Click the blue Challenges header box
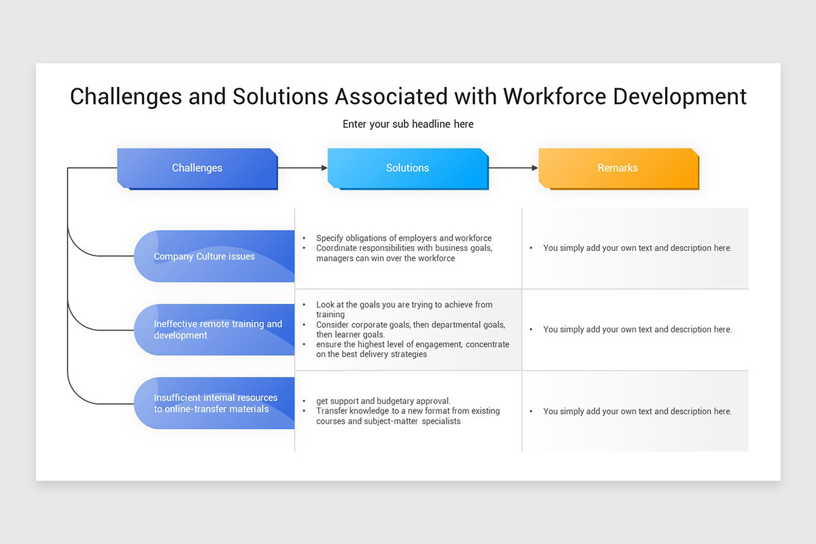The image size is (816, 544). click(197, 168)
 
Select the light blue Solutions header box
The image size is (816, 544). click(407, 168)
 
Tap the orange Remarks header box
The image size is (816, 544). click(617, 168)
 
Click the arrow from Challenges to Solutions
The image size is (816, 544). click(302, 168)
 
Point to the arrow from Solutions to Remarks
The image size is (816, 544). click(513, 168)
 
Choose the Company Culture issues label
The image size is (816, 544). click(205, 256)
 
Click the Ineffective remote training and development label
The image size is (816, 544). click(218, 330)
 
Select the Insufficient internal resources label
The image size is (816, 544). click(216, 403)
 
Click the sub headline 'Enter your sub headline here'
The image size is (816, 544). click(408, 124)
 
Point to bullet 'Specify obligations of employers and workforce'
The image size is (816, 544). click(404, 238)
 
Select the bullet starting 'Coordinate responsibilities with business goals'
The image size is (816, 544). click(404, 253)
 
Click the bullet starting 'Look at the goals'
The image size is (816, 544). click(404, 309)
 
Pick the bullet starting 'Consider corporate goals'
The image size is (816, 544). click(411, 330)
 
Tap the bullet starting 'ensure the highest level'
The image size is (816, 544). click(412, 350)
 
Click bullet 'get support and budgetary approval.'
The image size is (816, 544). click(384, 401)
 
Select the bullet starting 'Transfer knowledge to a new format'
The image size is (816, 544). click(408, 416)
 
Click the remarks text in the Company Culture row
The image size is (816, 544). click(637, 248)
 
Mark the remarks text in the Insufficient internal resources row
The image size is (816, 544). click(637, 411)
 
